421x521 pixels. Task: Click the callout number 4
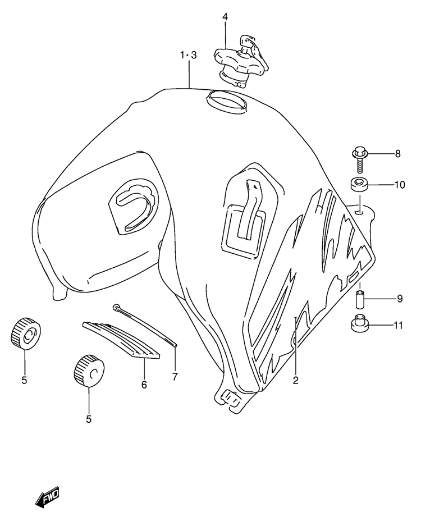coord(225,17)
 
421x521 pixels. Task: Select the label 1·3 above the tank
coord(189,55)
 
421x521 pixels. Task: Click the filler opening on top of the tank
coord(227,100)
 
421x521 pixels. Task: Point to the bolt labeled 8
coord(359,161)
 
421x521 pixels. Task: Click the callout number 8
coord(398,154)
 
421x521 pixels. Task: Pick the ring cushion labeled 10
coord(359,184)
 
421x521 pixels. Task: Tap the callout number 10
coord(400,185)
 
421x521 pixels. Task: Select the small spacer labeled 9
coord(359,299)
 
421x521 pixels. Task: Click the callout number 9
coord(400,299)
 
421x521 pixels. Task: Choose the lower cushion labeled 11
coord(359,323)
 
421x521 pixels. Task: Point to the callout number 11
coord(398,325)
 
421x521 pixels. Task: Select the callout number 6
coord(144,385)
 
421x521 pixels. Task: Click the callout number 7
coord(175,376)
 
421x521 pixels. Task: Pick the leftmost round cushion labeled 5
coord(26,333)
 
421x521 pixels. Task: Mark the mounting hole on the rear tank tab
coord(359,211)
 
